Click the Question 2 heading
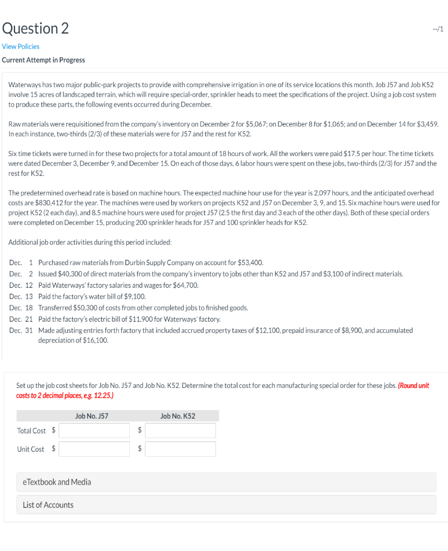(35, 28)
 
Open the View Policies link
(20, 47)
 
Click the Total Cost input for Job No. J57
(94, 430)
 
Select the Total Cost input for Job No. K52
(180, 430)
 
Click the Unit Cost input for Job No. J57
(94, 449)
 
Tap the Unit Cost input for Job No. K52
(180, 449)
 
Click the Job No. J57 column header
(92, 416)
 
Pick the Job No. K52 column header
(178, 416)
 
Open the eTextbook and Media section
(57, 482)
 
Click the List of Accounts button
(48, 505)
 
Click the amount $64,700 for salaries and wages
(186, 285)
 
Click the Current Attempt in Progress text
(43, 60)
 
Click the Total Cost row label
(31, 430)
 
